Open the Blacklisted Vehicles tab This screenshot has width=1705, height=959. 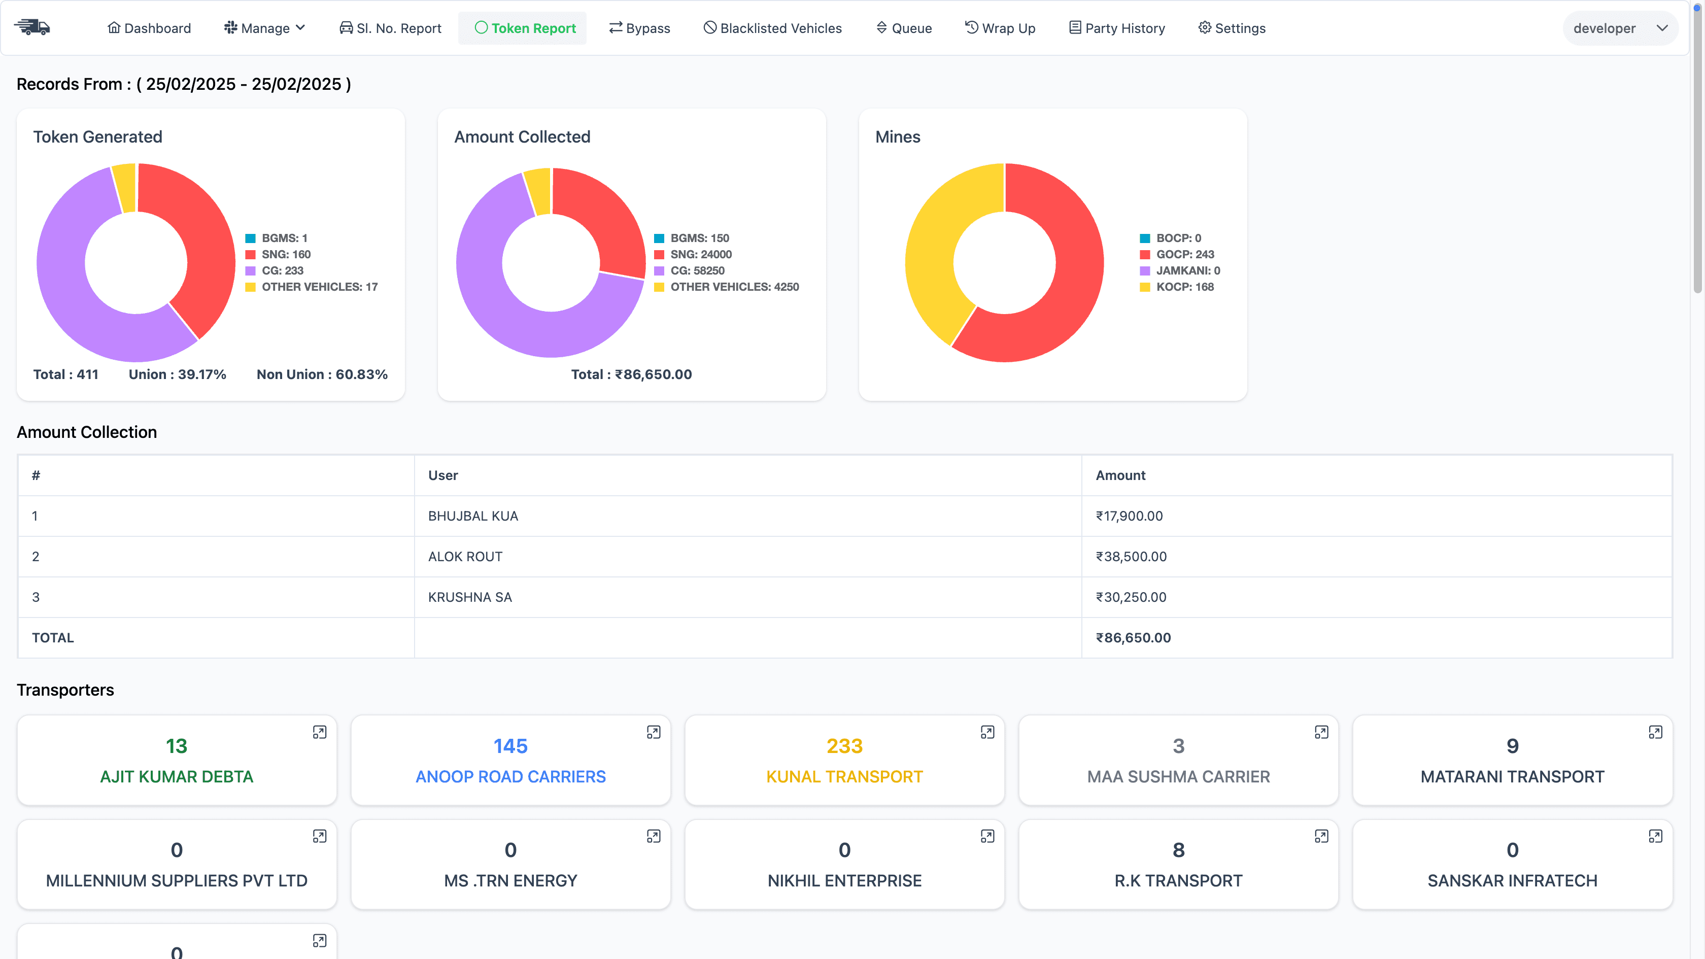(772, 28)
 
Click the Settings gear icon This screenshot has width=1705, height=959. (1205, 28)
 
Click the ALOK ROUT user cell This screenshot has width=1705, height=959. (465, 557)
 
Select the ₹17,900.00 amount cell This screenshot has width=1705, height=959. (1129, 516)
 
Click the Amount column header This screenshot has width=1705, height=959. (1120, 475)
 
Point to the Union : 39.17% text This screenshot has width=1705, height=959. (178, 374)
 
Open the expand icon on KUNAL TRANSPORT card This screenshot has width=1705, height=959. (987, 732)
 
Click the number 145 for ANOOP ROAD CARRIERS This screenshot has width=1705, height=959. (510, 746)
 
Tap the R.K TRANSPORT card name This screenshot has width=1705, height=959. (1178, 881)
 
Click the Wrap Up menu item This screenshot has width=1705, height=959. (1000, 28)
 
